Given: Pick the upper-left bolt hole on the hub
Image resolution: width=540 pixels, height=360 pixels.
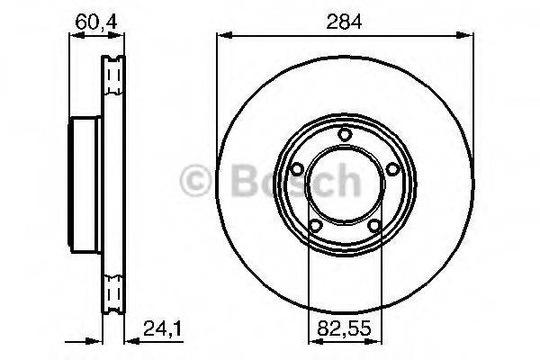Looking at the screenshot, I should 296,169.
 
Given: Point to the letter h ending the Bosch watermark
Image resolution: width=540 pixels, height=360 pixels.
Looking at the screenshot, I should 347,183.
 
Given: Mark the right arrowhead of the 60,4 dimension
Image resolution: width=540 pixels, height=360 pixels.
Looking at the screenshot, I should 121,36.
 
